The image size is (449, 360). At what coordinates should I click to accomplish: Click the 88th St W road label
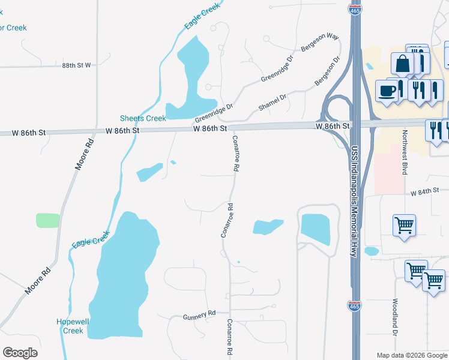pos(76,65)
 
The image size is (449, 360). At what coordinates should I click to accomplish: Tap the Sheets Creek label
pos(143,118)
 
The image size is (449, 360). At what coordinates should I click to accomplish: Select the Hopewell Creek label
pos(73,326)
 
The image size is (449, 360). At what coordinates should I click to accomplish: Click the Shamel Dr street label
pos(273,101)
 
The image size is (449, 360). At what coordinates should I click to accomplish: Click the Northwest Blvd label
pos(405,152)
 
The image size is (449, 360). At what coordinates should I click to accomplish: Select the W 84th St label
pos(426,191)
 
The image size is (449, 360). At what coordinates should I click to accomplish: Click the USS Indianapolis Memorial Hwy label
pos(355,202)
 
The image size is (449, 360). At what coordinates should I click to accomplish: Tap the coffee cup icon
pos(387,91)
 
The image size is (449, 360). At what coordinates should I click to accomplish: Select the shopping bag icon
pos(402,63)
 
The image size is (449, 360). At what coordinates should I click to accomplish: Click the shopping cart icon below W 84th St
pos(405,226)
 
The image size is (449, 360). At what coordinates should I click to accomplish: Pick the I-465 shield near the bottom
pos(354,306)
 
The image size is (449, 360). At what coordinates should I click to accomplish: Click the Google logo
pos(20,353)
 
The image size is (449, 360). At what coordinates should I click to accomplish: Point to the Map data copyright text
pos(412,355)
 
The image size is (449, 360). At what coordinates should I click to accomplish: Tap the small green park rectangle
pos(48,220)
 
